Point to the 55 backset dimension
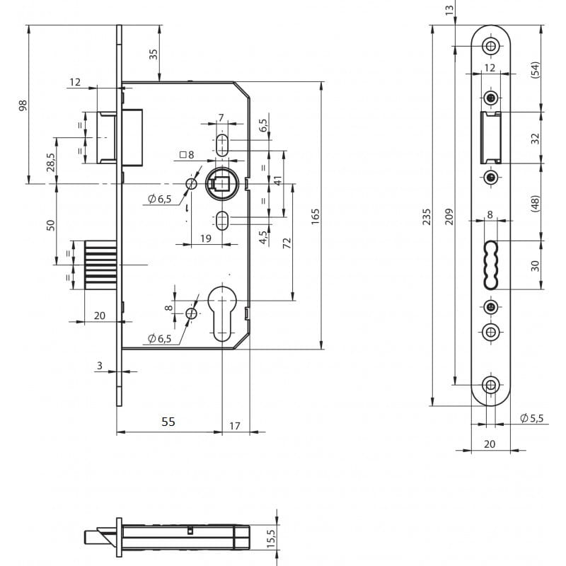[167, 422]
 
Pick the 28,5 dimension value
[50, 162]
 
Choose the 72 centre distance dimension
[287, 242]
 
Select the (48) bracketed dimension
[536, 204]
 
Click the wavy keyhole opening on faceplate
[490, 263]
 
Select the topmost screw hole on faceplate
[490, 46]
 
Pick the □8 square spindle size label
[187, 154]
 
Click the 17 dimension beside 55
[235, 427]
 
